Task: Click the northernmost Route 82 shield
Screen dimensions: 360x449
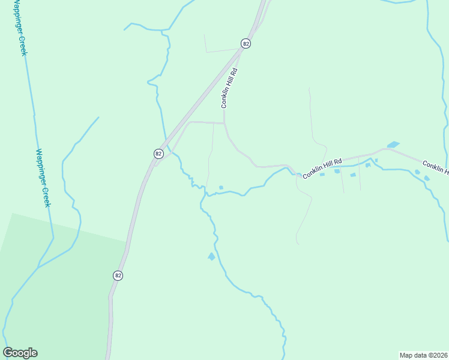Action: click(246, 43)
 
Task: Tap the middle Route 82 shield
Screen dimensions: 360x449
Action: click(158, 154)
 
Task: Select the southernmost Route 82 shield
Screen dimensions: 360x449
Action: click(118, 275)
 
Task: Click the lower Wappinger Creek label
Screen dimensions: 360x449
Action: click(42, 178)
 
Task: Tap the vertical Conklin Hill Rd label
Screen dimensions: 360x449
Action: click(229, 88)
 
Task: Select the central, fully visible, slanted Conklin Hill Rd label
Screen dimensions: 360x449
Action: click(322, 169)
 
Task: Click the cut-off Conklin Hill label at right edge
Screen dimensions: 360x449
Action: click(435, 167)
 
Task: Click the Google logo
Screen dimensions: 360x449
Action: click(20, 353)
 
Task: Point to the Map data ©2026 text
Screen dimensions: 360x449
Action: click(423, 355)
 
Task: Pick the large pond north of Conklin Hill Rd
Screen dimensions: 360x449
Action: click(393, 145)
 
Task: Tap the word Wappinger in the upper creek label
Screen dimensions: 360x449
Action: click(18, 20)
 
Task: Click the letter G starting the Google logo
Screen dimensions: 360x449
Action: click(8, 352)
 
